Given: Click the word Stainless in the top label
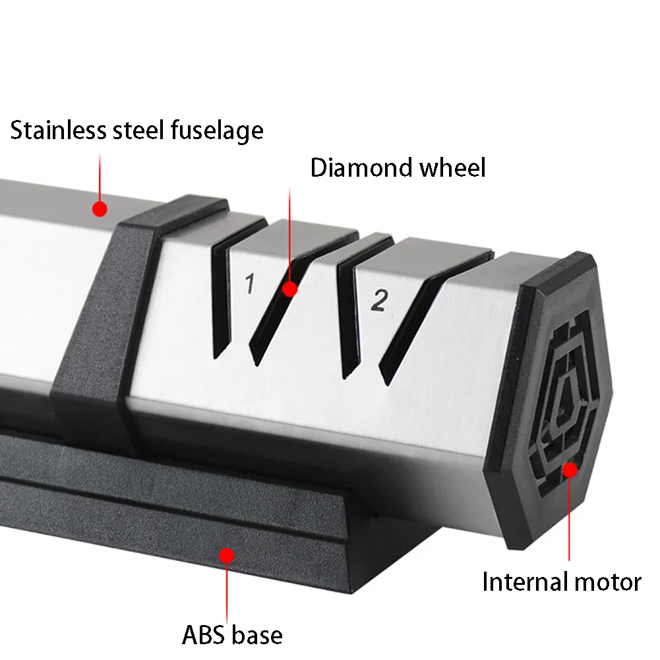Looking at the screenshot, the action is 59,130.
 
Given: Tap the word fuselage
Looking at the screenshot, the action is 217,131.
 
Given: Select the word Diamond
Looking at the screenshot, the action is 361,167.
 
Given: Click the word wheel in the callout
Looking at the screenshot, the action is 453,167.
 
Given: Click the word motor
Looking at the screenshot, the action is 608,583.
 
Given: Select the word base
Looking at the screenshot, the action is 257,635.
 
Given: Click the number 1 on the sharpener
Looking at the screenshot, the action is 250,283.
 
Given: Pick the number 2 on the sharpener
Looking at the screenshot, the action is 380,301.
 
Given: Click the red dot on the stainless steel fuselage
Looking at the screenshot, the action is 100,209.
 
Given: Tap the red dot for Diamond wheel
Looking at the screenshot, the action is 289,289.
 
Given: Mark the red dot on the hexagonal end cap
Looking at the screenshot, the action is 570,470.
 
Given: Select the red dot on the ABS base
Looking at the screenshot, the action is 227,556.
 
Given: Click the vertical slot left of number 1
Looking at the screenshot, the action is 222,301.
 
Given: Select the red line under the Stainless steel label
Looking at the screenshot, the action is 100,177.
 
